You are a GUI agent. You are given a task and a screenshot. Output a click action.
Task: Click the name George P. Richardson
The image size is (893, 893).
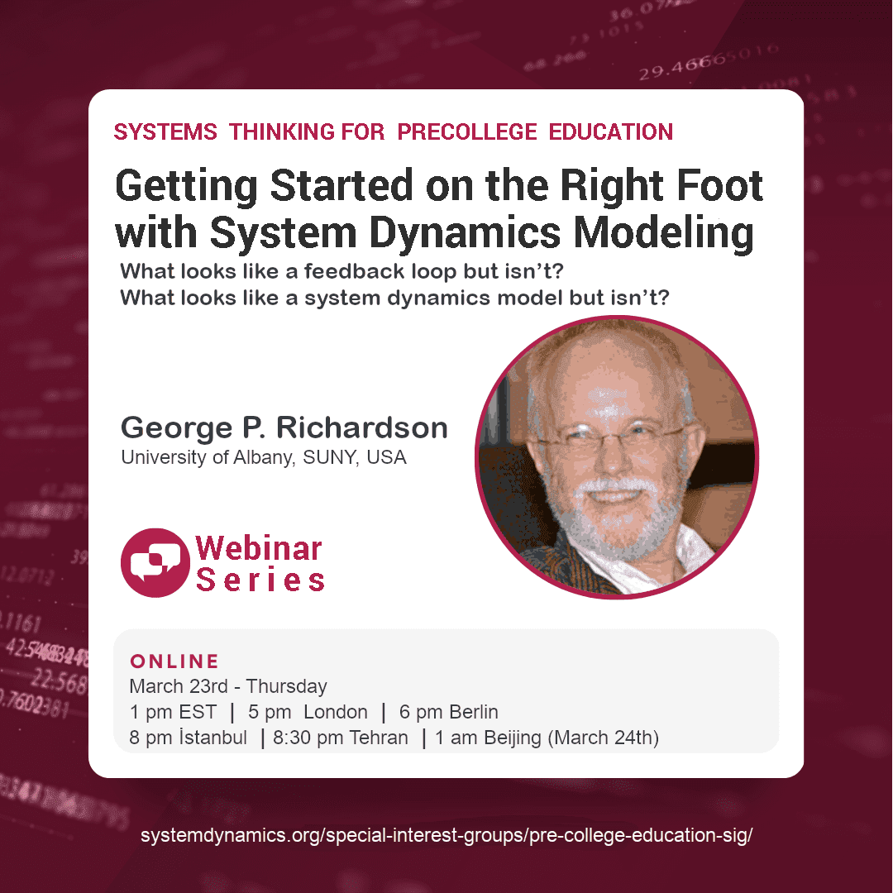tap(284, 427)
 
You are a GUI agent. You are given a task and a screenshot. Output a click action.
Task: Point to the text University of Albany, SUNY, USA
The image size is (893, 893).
tap(264, 457)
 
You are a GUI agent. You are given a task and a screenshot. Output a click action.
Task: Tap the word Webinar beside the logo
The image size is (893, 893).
tap(259, 547)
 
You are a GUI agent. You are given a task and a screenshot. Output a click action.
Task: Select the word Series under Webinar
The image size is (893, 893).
tap(260, 580)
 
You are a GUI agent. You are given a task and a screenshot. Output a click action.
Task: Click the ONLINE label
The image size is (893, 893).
tap(174, 661)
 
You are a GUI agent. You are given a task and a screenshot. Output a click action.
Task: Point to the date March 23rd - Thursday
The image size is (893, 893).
tap(228, 686)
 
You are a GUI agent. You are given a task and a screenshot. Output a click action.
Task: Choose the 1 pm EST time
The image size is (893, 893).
tap(173, 712)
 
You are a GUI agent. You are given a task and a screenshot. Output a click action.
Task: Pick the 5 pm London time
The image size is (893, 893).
tap(308, 712)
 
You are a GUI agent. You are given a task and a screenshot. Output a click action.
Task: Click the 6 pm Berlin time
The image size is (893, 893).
tap(448, 712)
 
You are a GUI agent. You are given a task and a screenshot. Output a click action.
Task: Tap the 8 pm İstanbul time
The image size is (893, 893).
tap(188, 738)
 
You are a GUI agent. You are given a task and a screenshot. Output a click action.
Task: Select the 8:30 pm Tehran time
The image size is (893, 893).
tap(340, 738)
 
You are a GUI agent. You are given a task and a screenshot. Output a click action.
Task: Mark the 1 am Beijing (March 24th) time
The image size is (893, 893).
tap(547, 738)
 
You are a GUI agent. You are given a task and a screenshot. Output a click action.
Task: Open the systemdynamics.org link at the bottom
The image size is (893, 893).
tap(446, 835)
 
